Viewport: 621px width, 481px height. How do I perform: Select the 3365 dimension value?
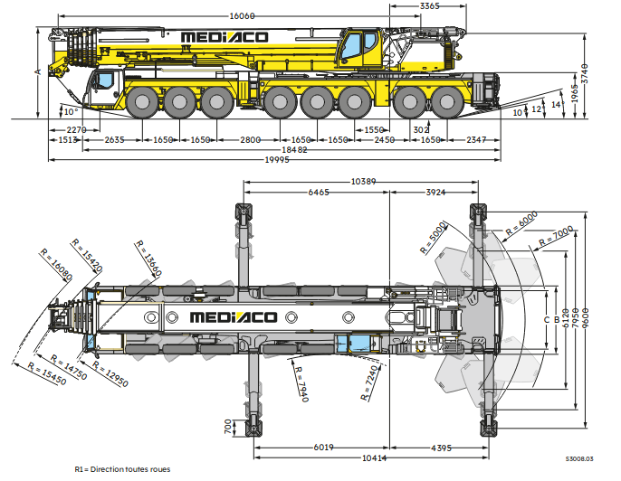click(x=431, y=7)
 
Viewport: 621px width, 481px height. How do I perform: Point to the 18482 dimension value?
click(x=296, y=150)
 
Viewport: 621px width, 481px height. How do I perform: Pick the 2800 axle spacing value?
click(x=250, y=140)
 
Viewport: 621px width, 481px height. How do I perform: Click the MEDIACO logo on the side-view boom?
click(x=225, y=37)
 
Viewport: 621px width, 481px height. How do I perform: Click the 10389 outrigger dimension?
click(x=364, y=183)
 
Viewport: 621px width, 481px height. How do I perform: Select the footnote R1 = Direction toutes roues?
click(x=121, y=469)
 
